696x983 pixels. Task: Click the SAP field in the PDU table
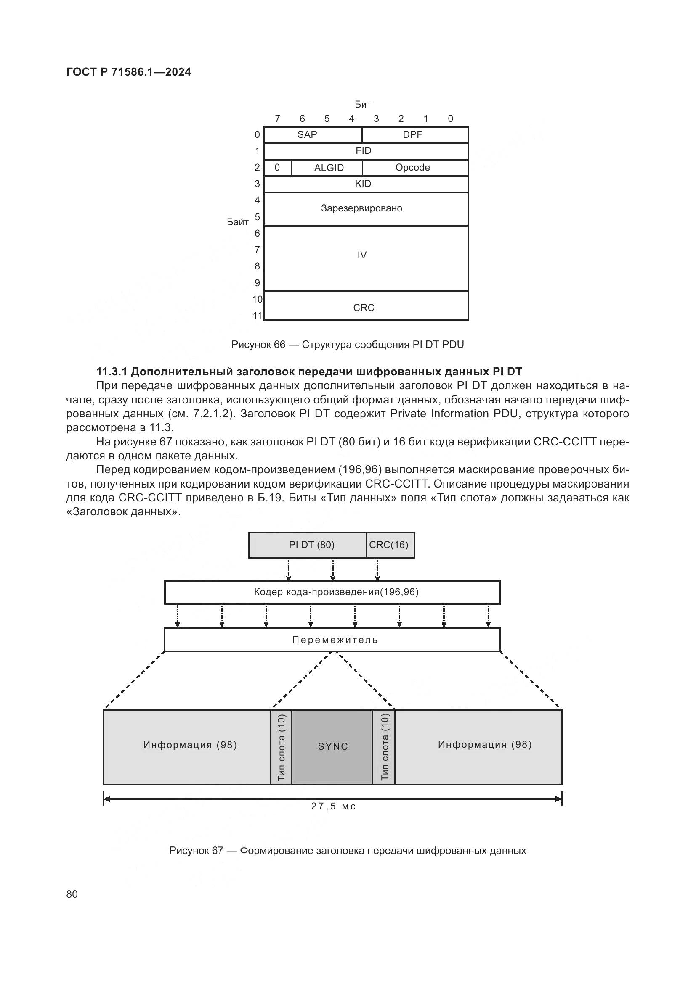pos(307,135)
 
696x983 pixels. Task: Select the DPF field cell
pos(412,135)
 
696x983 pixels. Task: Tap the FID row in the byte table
pos(364,151)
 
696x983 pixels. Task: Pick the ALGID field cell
pos(329,168)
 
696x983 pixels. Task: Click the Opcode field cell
pos(412,167)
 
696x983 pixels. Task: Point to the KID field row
pos(363,184)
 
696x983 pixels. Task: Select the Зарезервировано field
pos(362,208)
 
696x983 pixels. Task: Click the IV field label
pos(362,255)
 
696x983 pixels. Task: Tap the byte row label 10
pos(257,300)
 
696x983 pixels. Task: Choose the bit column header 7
pos(277,119)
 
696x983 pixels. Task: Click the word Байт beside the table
pos(237,222)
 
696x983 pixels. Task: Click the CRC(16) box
pos(389,545)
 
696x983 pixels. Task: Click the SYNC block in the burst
pos(332,747)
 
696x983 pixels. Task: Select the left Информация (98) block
pos(190,745)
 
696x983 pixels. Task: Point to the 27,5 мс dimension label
pos(333,806)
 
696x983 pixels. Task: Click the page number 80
pos(72,894)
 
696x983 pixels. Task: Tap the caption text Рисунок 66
pos(258,345)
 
